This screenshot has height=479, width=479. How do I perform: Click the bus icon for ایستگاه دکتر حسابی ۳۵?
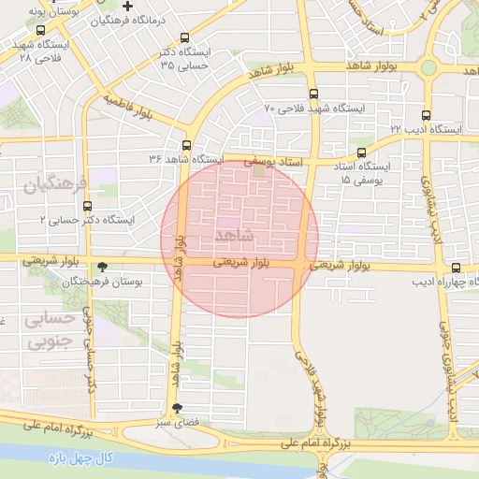coord(184,38)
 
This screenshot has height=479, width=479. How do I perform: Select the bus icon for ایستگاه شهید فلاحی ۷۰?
coord(313,94)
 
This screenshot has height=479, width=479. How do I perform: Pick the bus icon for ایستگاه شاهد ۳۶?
coord(187,145)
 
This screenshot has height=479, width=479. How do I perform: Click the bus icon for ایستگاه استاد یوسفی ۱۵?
coord(362,152)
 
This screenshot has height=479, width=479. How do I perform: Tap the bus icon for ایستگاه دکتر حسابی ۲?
coord(88,206)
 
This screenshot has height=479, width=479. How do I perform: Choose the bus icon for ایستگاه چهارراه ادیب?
coord(456,268)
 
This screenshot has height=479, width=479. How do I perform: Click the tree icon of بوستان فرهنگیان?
coord(101,267)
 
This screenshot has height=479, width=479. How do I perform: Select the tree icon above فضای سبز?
coord(178,408)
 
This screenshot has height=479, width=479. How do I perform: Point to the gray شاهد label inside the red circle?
coord(234,233)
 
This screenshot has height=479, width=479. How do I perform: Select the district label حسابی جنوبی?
coord(35,331)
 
